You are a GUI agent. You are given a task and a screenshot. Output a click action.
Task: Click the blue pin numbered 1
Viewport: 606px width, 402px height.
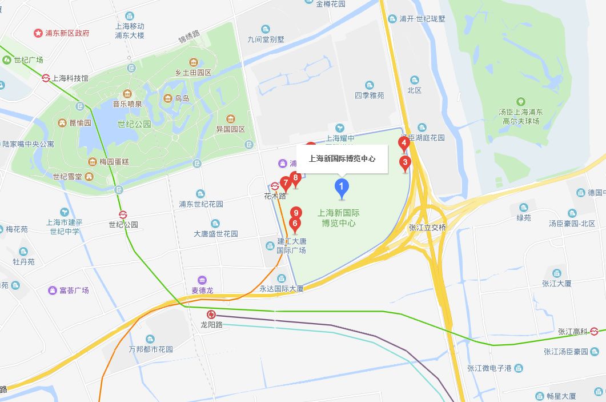coord(342,187)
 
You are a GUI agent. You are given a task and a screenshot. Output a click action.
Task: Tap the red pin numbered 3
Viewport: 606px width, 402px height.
coord(405,163)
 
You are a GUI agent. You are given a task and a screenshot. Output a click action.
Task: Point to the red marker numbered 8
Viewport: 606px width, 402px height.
coord(295,178)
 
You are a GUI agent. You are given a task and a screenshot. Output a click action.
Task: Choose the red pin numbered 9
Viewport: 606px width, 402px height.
coord(296,213)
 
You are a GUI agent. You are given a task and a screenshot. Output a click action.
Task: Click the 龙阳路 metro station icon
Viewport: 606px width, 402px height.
coord(211,314)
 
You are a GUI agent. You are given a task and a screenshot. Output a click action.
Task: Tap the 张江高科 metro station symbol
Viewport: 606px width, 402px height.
coord(595,331)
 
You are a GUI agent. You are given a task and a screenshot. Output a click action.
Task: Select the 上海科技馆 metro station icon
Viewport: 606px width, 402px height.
coord(46,78)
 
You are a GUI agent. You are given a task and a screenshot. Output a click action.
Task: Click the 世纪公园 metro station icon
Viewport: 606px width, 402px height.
coord(123,214)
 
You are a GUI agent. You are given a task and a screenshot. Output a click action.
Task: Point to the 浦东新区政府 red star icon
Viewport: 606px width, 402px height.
coord(38,33)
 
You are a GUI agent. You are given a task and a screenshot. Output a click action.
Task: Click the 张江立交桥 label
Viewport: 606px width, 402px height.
coord(427,227)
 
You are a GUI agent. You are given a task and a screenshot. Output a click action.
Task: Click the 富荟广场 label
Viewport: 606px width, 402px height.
coord(74,290)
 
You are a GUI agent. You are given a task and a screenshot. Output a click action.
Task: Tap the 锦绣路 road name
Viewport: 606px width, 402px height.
coord(189,39)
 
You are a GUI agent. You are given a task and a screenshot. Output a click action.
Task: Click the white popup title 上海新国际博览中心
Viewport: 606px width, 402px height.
coord(342,158)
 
